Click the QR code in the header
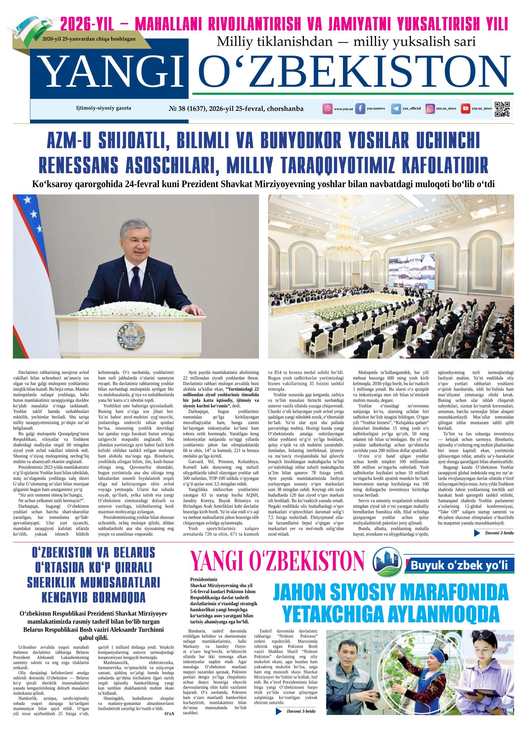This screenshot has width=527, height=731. click(502, 109)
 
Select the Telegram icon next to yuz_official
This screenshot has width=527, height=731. click(396, 109)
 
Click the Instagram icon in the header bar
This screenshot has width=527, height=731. click(430, 109)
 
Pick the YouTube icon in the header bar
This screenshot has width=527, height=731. click(465, 109)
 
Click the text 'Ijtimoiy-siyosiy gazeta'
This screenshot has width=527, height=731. click(104, 108)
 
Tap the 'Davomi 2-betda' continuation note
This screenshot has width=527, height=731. click(499, 533)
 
